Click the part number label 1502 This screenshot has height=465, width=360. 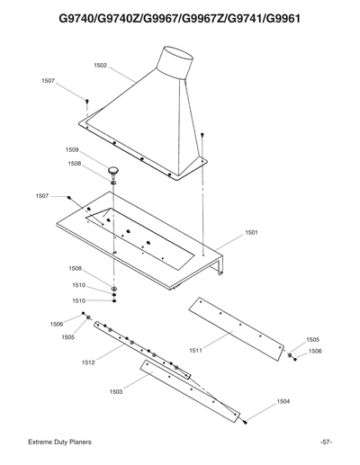(x=100, y=66)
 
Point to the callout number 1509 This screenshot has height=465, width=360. (x=72, y=149)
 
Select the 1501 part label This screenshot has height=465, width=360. (x=251, y=233)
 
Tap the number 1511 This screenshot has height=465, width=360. (x=195, y=350)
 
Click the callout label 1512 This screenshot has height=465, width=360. (x=88, y=363)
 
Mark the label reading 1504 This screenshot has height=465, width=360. (x=283, y=400)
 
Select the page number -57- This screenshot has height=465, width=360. (x=326, y=443)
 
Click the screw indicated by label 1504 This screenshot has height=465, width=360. (x=245, y=419)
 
